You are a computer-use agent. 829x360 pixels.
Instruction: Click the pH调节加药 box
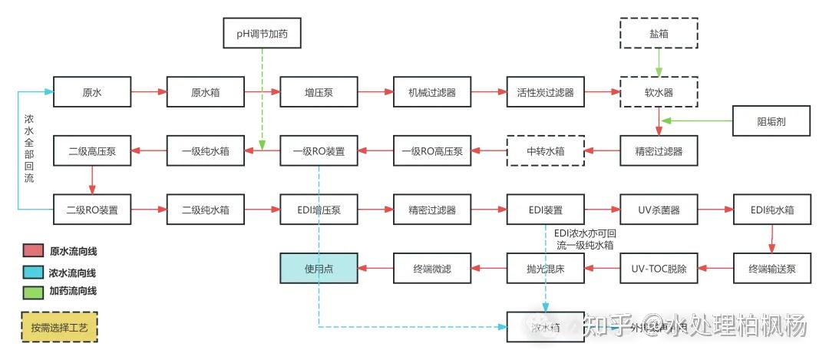coord(263,35)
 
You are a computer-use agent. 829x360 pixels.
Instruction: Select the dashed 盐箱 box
coord(659,35)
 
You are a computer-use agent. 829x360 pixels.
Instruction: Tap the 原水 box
coord(92,92)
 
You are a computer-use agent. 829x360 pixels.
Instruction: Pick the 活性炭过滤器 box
coord(545,92)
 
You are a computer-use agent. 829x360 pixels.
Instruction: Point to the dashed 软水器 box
coord(659,92)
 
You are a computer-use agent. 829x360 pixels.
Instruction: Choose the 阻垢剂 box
coord(771,121)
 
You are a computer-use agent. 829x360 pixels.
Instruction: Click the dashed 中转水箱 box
coord(545,150)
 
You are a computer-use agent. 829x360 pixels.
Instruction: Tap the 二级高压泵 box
coord(92,150)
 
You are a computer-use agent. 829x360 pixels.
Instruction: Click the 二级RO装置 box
coord(92,209)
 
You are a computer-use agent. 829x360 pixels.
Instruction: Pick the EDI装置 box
coord(545,209)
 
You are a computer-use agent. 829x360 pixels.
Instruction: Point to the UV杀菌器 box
coord(659,209)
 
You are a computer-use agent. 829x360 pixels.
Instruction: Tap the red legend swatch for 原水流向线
coord(33,251)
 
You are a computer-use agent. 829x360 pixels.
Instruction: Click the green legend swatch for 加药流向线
coord(33,292)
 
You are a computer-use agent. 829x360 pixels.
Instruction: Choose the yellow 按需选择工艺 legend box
coord(60,327)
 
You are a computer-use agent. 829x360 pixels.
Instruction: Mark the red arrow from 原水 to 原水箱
coord(149,92)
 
